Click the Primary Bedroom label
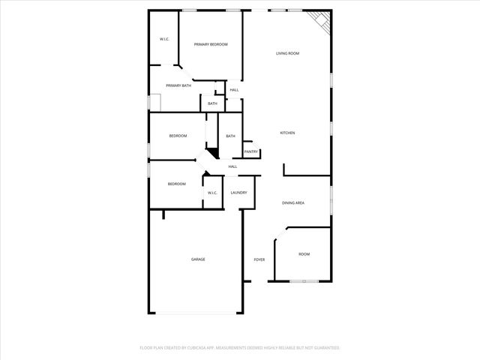211,45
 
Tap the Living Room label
287,53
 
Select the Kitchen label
287,133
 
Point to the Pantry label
250,151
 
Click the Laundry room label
239,193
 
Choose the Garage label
198,259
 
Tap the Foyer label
259,259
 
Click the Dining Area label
292,203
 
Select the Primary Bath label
178,85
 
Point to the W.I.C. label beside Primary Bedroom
164,39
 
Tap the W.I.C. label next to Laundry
212,193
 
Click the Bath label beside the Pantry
230,136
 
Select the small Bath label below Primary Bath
212,103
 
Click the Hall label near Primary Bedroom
234,90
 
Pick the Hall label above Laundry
232,166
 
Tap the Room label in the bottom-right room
304,254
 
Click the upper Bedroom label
178,136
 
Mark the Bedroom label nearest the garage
177,184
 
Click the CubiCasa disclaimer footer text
240,348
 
